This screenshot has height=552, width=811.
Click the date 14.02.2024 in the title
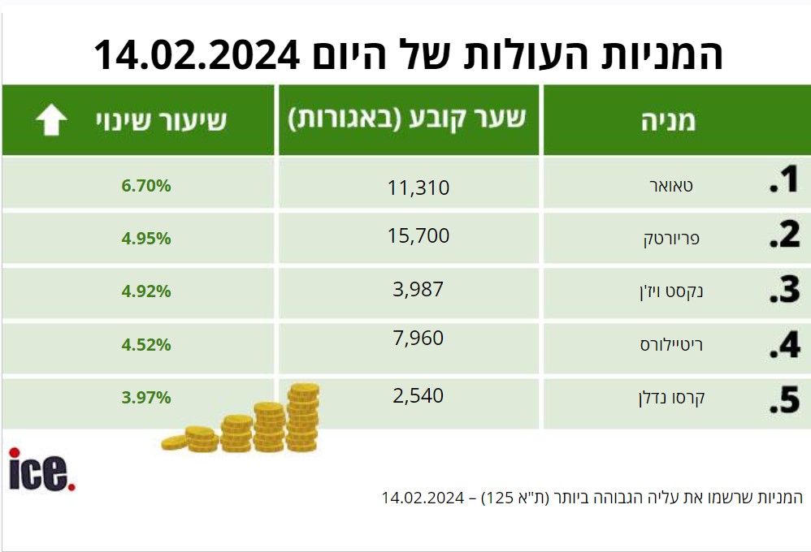point(197,54)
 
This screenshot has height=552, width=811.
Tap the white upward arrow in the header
point(51,120)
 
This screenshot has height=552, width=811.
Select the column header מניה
point(669,121)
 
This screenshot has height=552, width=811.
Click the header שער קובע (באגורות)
point(407,119)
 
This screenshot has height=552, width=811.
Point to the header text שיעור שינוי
point(162,120)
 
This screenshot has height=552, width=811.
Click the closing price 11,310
point(419,188)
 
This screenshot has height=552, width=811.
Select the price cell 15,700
point(419,235)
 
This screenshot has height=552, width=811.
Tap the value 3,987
point(419,290)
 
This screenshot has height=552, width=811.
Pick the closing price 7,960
point(419,338)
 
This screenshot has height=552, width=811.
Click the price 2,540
point(419,396)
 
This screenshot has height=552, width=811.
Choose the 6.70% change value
point(146,186)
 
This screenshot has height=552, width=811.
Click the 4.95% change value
point(146,239)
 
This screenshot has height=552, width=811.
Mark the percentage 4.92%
point(146,291)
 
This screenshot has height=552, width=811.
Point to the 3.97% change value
point(146,398)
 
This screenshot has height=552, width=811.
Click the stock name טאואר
point(671,186)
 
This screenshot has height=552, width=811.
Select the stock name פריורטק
point(671,239)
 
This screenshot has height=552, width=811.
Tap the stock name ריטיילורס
point(671,345)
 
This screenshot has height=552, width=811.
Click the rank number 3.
point(785,290)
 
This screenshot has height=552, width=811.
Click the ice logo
point(42,470)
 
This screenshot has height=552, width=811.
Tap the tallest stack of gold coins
point(302,417)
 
